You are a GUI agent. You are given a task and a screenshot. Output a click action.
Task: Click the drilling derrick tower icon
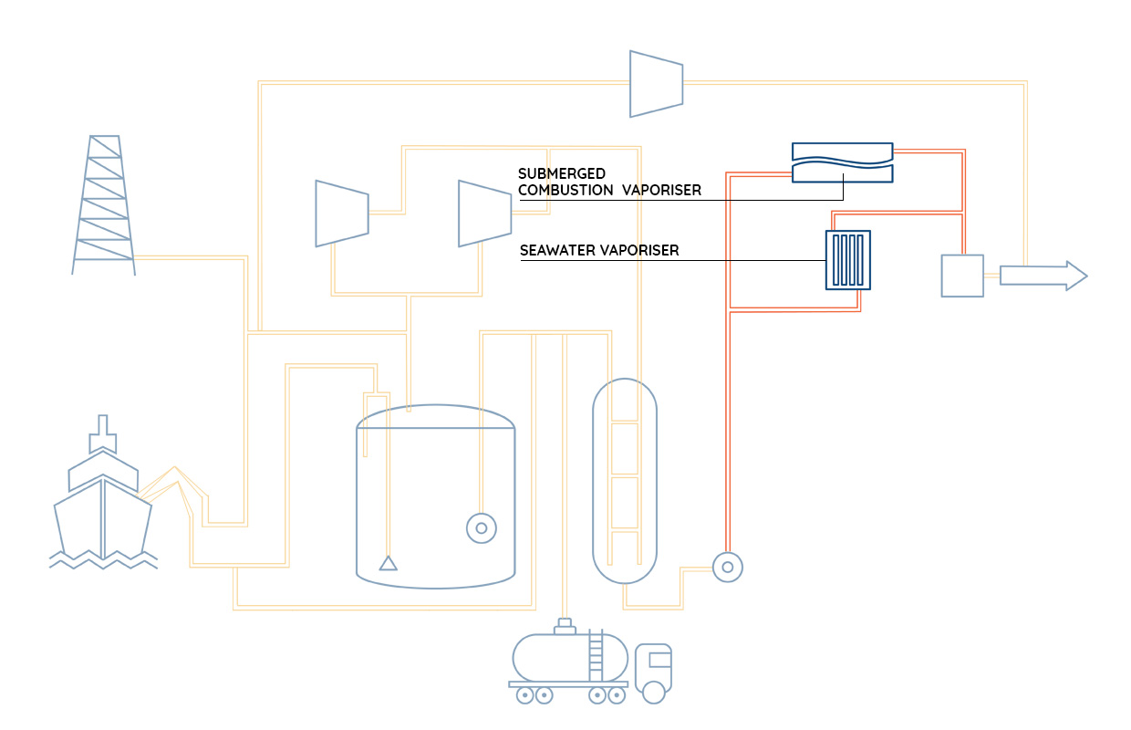click(x=103, y=204)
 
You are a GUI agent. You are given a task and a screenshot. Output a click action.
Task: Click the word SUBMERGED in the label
click(x=562, y=173)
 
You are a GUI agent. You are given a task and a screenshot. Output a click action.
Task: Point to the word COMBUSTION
click(x=565, y=191)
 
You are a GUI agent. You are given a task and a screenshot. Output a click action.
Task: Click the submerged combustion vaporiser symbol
click(x=842, y=162)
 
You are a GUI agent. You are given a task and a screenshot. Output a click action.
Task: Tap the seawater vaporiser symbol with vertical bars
click(x=848, y=260)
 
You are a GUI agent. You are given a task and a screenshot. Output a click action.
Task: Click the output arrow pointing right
click(x=1043, y=276)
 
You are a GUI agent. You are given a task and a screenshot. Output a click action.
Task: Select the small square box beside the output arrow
click(x=962, y=276)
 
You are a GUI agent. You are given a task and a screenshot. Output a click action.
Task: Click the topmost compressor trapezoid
click(x=657, y=84)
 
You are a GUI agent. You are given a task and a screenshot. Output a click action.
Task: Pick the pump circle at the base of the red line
click(x=728, y=568)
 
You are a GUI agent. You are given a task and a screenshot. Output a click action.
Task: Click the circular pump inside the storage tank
click(x=482, y=528)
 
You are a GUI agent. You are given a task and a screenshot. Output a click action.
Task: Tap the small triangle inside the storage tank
click(x=389, y=563)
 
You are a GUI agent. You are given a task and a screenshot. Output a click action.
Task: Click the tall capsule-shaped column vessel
click(x=625, y=481)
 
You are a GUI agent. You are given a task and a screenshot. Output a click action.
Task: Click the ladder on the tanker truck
click(x=596, y=656)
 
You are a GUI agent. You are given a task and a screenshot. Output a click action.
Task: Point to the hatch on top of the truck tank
click(x=565, y=627)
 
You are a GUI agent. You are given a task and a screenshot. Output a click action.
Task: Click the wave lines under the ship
click(x=103, y=560)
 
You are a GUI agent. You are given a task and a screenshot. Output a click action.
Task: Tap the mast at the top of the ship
click(x=103, y=433)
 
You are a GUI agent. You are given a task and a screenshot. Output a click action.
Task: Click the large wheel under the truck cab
click(x=653, y=693)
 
